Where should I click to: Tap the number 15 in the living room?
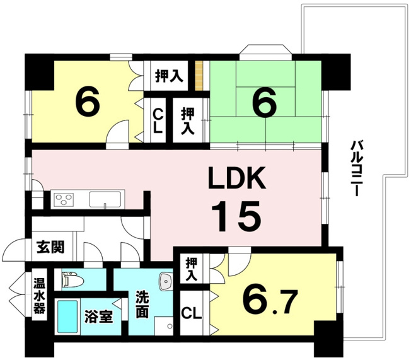(x=236, y=216)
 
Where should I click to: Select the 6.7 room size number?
(x=270, y=301)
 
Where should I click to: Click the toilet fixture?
(x=72, y=281)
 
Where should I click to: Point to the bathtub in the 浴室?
(x=67, y=316)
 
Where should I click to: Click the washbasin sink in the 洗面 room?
(x=165, y=282)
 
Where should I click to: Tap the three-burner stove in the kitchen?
(x=64, y=199)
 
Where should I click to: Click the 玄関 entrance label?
(x=50, y=247)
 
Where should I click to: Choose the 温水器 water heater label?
(x=39, y=296)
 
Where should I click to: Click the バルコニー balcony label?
(x=355, y=168)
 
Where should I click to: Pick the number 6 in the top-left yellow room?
(x=87, y=102)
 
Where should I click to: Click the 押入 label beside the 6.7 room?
(x=192, y=270)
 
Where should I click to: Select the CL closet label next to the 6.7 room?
(x=192, y=313)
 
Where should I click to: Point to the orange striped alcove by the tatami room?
(x=199, y=76)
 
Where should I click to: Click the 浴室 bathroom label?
(x=98, y=316)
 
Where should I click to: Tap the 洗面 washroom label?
(x=142, y=305)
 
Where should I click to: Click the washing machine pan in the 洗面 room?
(x=164, y=326)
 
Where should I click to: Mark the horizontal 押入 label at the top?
(x=169, y=76)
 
